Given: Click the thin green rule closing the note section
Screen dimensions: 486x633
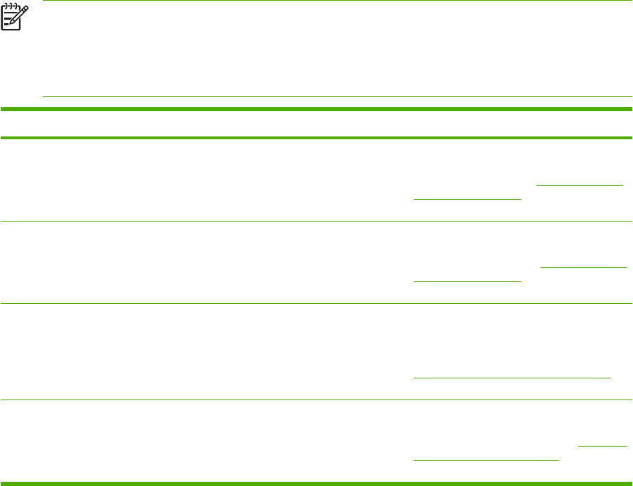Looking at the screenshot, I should tap(337, 96).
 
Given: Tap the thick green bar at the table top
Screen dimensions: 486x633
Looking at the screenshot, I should tap(316, 109).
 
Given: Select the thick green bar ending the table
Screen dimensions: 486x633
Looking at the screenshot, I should tap(316, 483).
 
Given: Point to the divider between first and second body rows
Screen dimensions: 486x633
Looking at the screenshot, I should tap(316, 221).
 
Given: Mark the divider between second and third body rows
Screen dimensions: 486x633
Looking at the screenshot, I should tap(316, 303).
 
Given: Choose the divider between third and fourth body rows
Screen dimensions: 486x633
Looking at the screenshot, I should tap(316, 400).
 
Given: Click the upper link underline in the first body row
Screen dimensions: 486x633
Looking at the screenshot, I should tap(580, 186).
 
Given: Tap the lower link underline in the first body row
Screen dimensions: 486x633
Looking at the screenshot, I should tap(467, 199).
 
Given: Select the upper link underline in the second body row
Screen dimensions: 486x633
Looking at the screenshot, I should tap(582, 267).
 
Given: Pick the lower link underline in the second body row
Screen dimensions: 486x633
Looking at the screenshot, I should tap(467, 281).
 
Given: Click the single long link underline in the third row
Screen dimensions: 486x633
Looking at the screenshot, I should tap(511, 378).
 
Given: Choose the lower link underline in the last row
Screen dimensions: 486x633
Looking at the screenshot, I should tap(485, 461).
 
